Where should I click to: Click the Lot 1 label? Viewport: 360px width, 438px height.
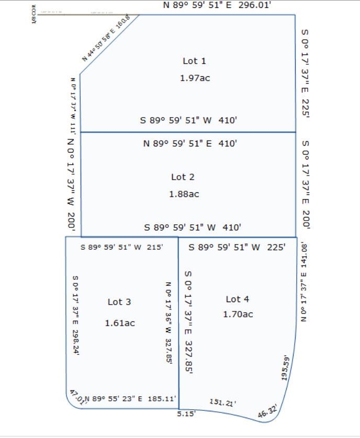pos(194,61)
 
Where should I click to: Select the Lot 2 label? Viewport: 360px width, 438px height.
pos(183,177)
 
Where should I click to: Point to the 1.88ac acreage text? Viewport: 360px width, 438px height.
pos(184,194)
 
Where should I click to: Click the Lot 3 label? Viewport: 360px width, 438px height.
pos(119,302)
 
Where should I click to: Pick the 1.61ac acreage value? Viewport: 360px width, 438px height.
pos(120,323)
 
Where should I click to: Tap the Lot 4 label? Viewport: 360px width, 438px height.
pos(237,299)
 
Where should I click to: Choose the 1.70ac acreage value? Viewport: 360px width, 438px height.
pos(238,314)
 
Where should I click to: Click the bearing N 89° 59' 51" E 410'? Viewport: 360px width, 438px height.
pos(190,143)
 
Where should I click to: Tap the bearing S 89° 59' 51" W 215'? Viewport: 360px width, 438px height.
pos(122,247)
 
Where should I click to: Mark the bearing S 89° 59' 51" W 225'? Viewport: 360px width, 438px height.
pos(237,247)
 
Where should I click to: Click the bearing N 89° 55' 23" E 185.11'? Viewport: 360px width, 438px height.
pos(130,399)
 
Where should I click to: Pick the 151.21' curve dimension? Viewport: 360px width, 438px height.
pos(222,402)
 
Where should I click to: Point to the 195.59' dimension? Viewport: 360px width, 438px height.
pos(286,369)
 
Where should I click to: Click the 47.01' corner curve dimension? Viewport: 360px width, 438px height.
pos(76,397)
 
